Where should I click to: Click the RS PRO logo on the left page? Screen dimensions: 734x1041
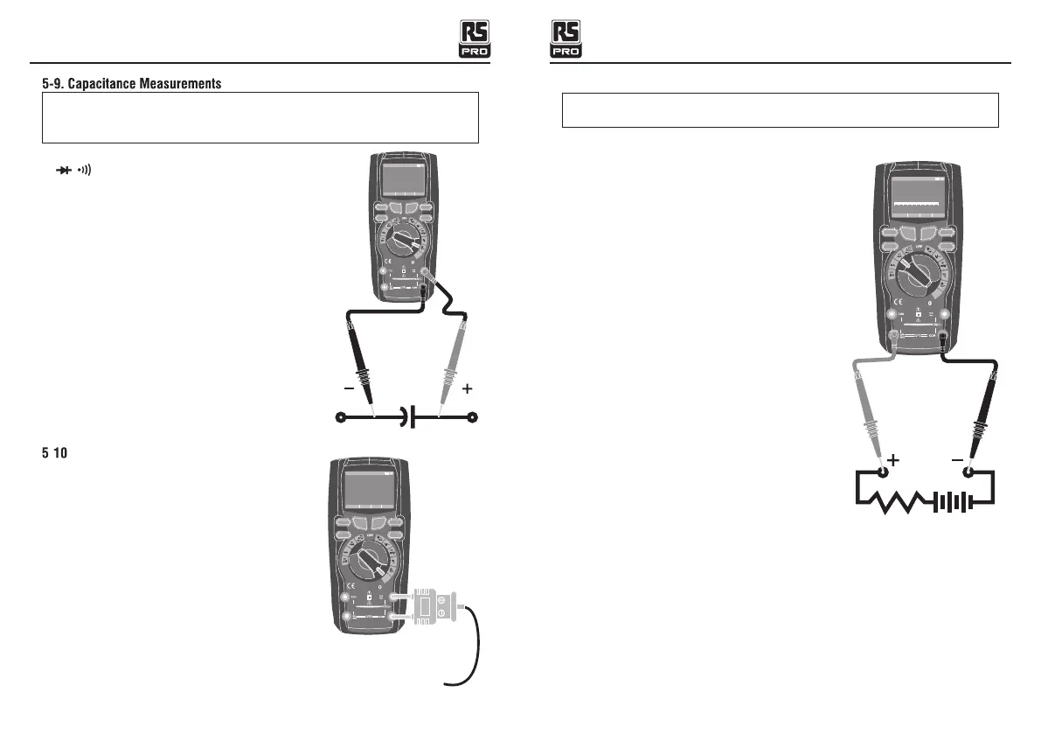tap(475, 39)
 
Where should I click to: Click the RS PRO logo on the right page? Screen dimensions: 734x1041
tap(566, 39)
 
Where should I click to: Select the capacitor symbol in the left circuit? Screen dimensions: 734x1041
tap(407, 418)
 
